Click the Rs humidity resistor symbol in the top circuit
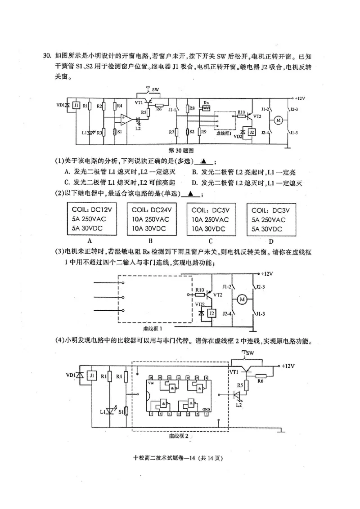(x=206, y=108)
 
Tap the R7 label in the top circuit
(x=171, y=132)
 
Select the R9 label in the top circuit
(x=204, y=132)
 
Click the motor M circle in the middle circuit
(x=243, y=299)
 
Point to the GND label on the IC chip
(x=206, y=410)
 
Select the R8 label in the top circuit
(x=191, y=108)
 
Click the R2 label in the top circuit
(x=99, y=106)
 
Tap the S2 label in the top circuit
(x=191, y=132)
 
